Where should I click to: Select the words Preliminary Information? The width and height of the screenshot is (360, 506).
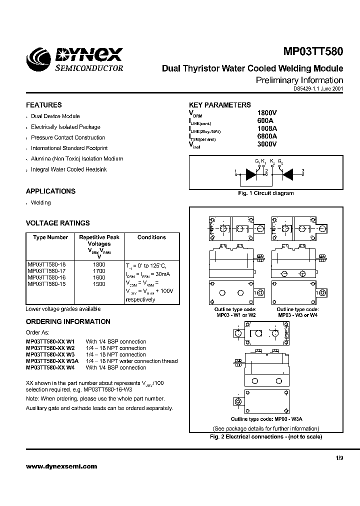click(299, 80)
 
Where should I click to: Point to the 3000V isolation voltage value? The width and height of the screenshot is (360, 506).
click(266, 144)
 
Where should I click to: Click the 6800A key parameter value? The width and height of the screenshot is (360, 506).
click(266, 136)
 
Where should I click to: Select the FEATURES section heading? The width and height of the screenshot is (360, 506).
click(44, 105)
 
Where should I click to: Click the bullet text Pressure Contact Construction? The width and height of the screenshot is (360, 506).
click(68, 137)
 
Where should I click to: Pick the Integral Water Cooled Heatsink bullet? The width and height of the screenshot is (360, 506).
click(68, 169)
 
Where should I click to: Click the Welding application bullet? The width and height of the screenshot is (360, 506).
click(41, 202)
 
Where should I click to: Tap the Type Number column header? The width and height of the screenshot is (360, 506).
click(50, 237)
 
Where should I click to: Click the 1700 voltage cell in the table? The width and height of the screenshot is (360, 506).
click(99, 271)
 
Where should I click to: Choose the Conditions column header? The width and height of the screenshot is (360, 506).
click(151, 237)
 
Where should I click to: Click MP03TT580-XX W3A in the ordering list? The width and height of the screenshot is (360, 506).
click(52, 361)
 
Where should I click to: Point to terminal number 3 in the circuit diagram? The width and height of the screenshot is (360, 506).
click(302, 171)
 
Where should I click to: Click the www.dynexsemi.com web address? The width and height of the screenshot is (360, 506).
click(61, 466)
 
